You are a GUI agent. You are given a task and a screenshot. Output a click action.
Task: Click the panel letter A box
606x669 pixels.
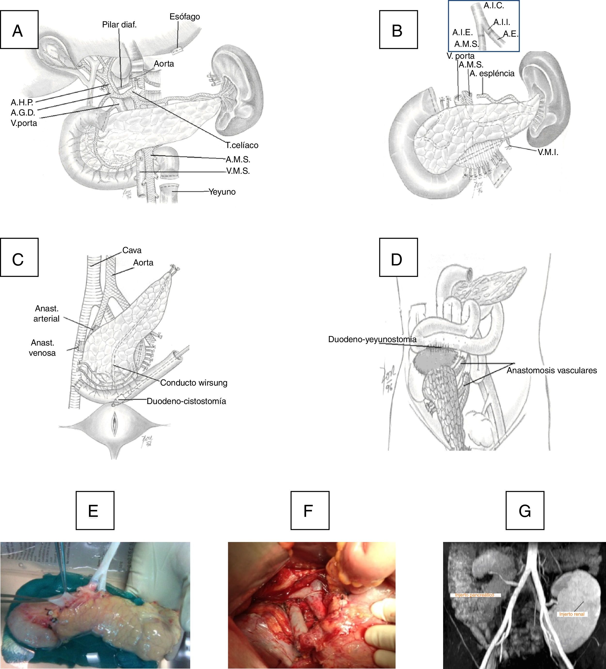tap(19, 30)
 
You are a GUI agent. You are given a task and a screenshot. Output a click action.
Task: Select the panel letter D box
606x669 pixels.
tap(398, 257)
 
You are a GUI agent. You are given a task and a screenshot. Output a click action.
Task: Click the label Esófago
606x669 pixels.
tap(185, 17)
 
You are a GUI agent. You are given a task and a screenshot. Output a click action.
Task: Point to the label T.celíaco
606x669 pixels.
tap(242, 145)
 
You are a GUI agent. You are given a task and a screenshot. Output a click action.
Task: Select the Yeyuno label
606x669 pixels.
tap(222, 192)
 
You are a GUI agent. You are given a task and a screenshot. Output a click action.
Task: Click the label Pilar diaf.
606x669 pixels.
tap(119, 25)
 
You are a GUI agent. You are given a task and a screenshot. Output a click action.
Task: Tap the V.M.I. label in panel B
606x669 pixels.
tap(548, 152)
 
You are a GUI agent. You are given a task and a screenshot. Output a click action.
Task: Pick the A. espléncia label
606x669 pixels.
tap(492, 73)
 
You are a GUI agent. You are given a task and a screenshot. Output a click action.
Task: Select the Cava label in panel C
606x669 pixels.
tap(132, 250)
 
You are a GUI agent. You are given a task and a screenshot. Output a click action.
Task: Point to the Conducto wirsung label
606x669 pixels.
tap(194, 383)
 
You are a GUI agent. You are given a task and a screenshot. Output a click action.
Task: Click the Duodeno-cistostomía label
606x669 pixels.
tap(186, 401)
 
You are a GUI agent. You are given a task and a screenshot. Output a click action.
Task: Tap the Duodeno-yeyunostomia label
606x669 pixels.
tap(372, 339)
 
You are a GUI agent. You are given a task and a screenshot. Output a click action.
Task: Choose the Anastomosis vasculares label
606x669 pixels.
tap(552, 370)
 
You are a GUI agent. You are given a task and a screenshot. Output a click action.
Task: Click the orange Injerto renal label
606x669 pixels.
tap(572, 614)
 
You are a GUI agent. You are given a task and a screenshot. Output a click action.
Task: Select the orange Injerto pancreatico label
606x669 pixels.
tap(474, 595)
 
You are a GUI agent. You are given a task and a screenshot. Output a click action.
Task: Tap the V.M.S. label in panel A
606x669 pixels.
tap(238, 171)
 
